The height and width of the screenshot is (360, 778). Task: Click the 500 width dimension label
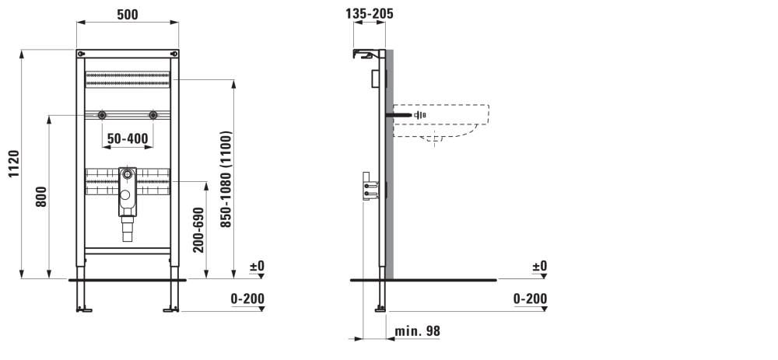tap(128, 15)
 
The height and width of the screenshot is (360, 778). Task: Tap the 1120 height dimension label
tap(13, 163)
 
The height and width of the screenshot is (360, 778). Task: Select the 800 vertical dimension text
tap(41, 197)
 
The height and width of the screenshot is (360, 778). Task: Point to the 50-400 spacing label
tap(128, 139)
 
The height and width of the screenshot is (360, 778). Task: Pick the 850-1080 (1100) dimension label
tap(226, 179)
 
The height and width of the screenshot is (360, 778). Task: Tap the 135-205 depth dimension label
tap(370, 14)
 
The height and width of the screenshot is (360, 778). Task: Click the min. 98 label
tap(417, 331)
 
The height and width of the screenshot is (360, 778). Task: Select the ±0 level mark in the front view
tap(257, 266)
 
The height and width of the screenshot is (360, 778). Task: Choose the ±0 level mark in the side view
tap(539, 266)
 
